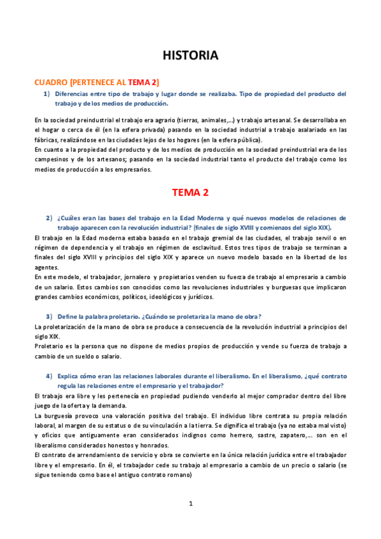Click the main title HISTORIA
click(x=190, y=56)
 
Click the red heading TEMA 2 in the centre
click(x=190, y=192)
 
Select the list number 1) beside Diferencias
click(x=47, y=94)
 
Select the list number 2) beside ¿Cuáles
click(x=48, y=218)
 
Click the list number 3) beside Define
click(x=48, y=317)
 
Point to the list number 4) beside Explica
click(x=48, y=376)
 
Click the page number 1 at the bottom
click(x=190, y=503)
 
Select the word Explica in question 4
click(x=70, y=376)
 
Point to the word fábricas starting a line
click(x=46, y=140)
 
